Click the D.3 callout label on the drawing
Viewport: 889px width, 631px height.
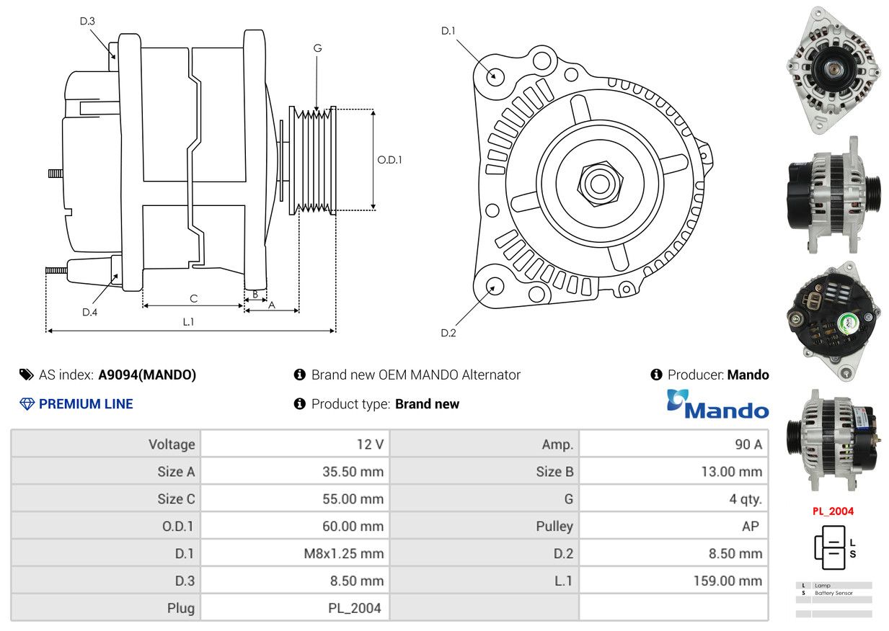tap(87, 21)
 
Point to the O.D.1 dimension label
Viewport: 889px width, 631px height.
tap(389, 160)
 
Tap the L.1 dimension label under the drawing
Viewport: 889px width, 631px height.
tap(188, 322)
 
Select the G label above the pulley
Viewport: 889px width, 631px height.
tap(317, 48)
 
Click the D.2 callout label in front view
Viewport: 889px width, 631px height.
tap(448, 333)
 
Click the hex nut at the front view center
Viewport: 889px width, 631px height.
tap(598, 182)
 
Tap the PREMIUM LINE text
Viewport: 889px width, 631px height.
tap(86, 404)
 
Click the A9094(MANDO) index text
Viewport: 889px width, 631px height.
tap(147, 375)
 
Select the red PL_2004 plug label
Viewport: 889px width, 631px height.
tap(833, 511)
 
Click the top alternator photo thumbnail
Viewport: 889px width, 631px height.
tap(834, 70)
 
